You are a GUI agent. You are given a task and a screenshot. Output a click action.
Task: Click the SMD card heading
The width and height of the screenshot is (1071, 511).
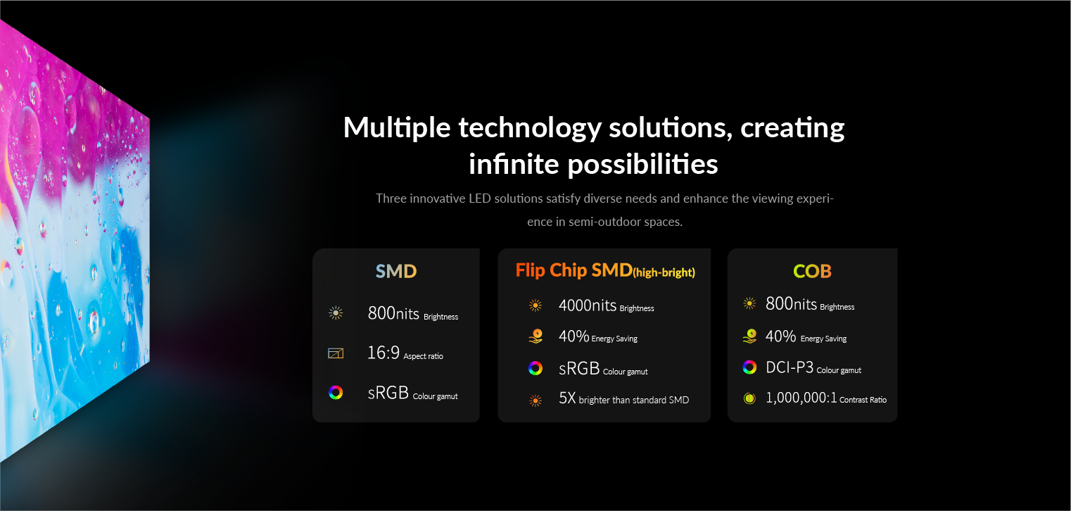(x=396, y=271)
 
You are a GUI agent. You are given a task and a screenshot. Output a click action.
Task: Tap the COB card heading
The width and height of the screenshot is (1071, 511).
(x=812, y=271)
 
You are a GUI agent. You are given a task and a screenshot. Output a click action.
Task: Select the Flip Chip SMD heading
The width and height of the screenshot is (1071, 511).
(x=605, y=270)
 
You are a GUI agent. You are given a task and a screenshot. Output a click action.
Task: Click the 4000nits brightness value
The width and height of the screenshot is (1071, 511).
(x=587, y=305)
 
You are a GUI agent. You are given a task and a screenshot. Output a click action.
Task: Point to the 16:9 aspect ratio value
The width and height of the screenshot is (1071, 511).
(x=383, y=353)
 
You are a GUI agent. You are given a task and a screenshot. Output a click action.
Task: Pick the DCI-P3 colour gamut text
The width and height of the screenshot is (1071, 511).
(x=790, y=367)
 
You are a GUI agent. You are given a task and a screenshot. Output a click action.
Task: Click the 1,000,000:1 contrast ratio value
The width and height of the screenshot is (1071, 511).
(x=801, y=398)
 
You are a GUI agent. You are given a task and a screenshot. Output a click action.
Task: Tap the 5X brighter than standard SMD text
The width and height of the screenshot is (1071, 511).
(x=624, y=398)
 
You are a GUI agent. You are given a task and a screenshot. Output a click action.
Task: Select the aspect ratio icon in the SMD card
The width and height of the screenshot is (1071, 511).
(x=336, y=353)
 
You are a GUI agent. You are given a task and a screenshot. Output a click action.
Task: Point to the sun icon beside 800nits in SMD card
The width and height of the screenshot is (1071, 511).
(x=336, y=313)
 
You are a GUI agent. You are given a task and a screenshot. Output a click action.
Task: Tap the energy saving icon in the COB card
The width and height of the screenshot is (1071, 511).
(x=749, y=336)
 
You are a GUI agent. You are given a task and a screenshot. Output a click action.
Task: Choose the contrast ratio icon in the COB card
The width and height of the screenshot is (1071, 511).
(x=749, y=398)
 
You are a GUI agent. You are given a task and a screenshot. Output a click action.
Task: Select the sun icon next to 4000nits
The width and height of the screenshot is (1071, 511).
(x=535, y=305)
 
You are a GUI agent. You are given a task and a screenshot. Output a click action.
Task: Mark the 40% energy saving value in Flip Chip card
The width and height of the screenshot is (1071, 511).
(x=573, y=336)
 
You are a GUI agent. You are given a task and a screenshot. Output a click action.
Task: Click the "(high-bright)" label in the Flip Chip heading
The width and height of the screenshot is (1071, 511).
(x=664, y=272)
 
